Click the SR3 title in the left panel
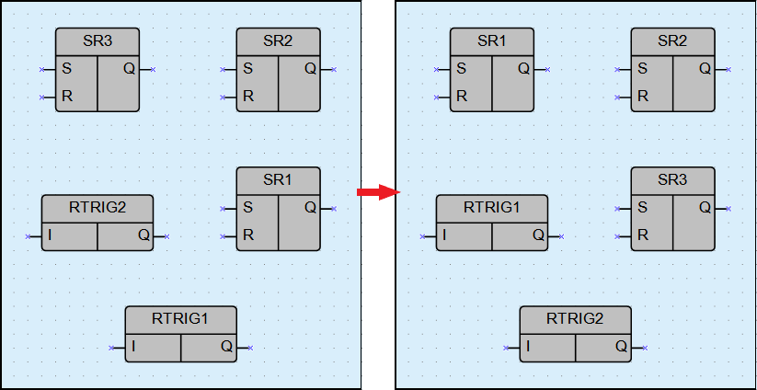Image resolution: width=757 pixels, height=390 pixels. click(x=97, y=41)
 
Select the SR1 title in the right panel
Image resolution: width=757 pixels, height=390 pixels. click(x=491, y=41)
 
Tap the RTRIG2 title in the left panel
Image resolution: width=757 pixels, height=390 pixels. click(x=97, y=208)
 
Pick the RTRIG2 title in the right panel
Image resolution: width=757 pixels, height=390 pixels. click(x=575, y=319)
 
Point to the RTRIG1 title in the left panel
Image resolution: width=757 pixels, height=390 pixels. click(x=180, y=319)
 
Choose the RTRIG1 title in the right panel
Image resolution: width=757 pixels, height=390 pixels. click(x=491, y=208)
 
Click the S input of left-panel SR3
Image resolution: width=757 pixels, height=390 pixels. click(x=67, y=69)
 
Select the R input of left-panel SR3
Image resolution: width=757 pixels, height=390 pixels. click(x=67, y=96)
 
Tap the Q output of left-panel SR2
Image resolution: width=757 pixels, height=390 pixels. click(x=310, y=69)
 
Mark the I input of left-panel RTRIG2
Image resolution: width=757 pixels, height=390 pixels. click(x=49, y=235)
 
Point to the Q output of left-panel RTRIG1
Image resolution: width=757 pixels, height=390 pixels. click(x=226, y=347)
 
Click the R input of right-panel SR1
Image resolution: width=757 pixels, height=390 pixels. click(x=462, y=96)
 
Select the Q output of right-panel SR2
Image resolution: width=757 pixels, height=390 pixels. click(x=705, y=69)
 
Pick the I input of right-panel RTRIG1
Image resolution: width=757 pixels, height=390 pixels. click(x=443, y=235)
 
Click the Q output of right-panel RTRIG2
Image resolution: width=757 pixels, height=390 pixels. click(x=621, y=347)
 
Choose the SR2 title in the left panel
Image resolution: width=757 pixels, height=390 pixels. click(x=278, y=41)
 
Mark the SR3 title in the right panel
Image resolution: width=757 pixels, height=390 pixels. click(x=672, y=180)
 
